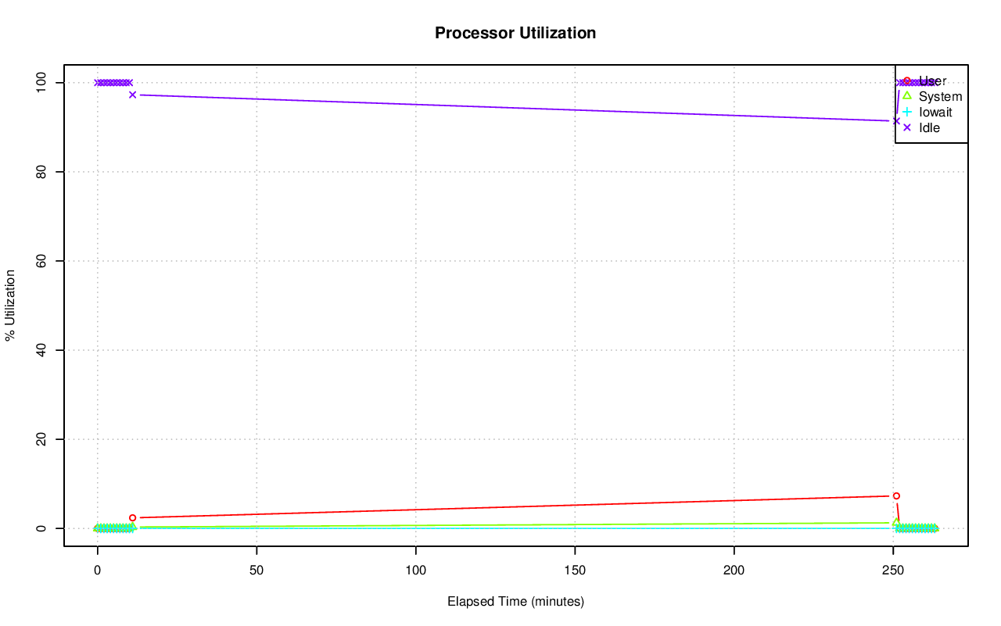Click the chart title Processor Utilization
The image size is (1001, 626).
[x=515, y=33]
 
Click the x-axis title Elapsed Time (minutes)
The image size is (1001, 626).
[x=515, y=602]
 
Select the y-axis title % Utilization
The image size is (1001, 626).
[x=10, y=305]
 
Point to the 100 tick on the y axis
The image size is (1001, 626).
[x=44, y=82]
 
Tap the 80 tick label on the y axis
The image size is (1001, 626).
[x=44, y=171]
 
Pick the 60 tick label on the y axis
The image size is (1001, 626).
[x=44, y=260]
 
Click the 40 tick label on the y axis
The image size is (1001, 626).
[x=44, y=350]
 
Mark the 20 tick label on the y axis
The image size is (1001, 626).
[x=44, y=439]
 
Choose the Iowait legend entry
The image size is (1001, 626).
[x=935, y=113]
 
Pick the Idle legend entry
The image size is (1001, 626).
[x=929, y=127]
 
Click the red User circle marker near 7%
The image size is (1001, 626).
[x=896, y=495]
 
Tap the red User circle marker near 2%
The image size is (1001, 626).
[x=132, y=517]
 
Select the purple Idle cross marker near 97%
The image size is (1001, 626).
[x=132, y=95]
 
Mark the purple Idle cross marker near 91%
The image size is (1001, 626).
[x=896, y=120]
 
